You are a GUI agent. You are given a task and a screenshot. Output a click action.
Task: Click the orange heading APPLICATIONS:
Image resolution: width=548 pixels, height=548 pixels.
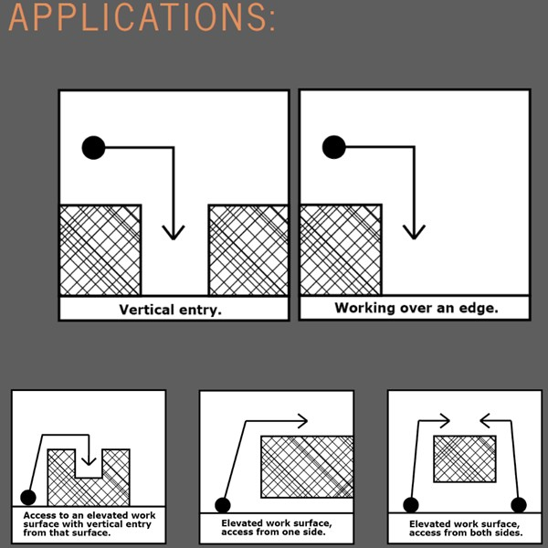point(142,17)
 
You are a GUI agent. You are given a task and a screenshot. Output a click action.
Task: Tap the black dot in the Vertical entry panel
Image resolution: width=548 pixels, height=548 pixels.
point(94,147)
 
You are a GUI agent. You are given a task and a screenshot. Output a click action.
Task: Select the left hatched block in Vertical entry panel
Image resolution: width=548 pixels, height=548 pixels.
point(100,250)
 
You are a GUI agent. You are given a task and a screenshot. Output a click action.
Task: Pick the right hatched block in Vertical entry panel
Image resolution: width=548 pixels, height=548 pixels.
point(248,250)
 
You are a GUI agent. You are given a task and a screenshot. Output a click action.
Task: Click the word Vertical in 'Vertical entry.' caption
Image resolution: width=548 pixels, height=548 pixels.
point(146,310)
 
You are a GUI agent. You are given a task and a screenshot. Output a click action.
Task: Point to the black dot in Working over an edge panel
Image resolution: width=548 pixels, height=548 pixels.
point(333,147)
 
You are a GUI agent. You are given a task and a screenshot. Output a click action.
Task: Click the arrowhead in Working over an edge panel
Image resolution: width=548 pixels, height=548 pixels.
point(414,232)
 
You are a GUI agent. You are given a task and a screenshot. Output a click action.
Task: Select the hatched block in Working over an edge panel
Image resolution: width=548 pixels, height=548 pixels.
point(341,250)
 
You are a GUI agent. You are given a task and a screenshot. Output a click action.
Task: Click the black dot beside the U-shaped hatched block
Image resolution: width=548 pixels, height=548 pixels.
point(28,497)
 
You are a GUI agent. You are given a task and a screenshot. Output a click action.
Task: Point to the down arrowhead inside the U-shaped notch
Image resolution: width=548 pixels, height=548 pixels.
point(89,461)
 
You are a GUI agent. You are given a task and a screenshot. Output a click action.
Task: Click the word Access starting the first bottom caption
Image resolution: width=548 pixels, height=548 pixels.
point(40,515)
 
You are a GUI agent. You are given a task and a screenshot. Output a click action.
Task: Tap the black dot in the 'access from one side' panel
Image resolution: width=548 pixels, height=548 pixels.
point(223,505)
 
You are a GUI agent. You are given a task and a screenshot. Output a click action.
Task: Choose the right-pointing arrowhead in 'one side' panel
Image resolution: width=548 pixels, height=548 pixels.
point(302,420)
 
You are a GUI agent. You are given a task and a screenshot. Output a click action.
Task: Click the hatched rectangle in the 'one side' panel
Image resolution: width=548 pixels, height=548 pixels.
point(307,467)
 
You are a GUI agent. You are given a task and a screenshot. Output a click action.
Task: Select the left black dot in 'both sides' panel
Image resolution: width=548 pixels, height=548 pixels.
point(411,505)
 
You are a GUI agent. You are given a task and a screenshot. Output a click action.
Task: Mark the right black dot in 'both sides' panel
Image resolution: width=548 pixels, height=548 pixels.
point(519,505)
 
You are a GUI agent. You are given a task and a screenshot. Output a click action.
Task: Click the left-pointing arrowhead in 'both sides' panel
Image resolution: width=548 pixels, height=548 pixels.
point(485,420)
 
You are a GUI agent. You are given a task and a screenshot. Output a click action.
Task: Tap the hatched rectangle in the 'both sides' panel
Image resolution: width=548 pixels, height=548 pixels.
point(465,458)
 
